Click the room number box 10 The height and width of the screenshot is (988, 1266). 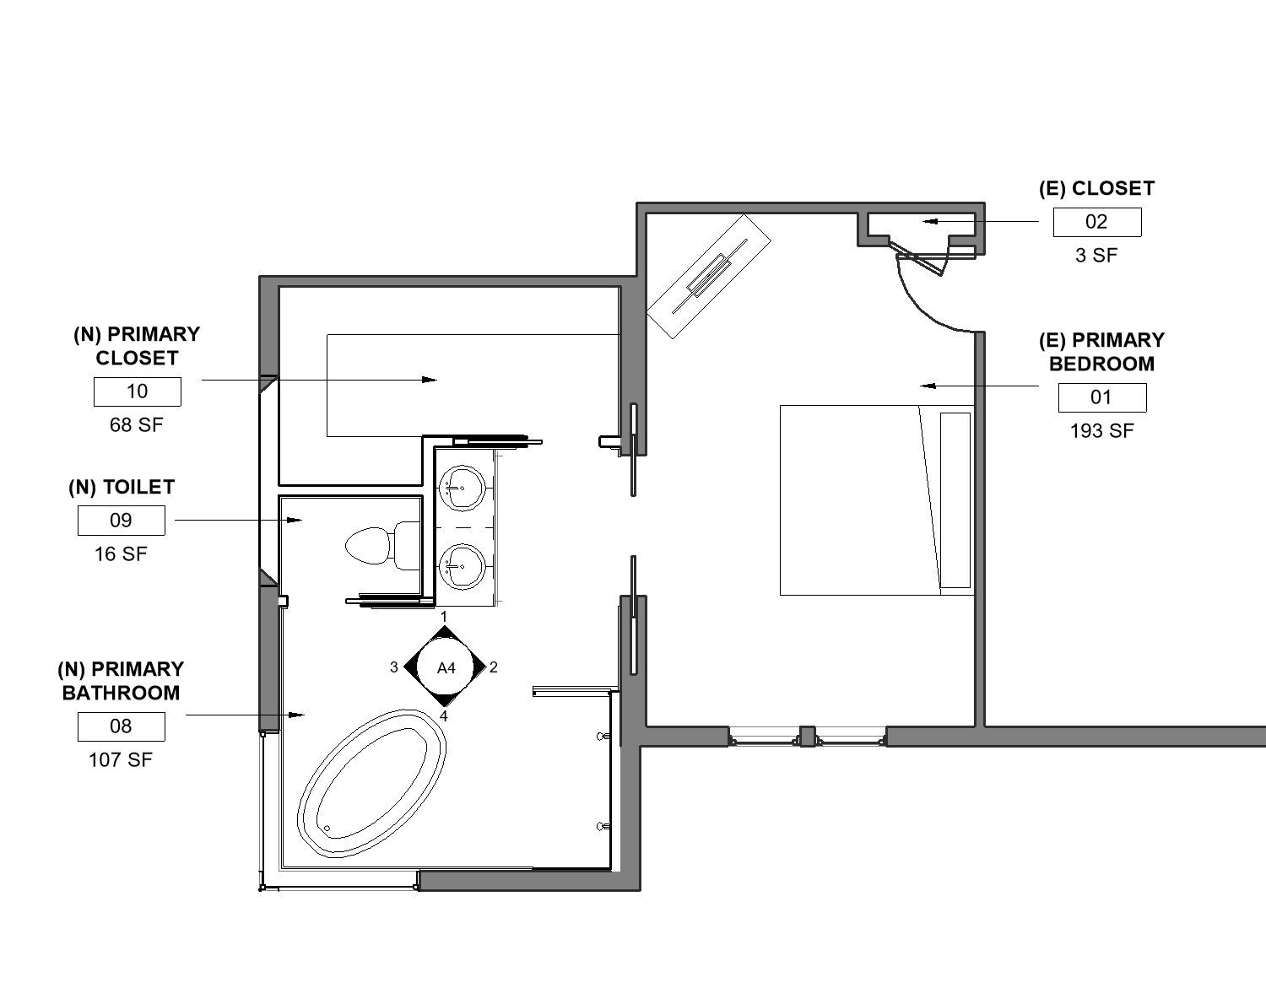(x=137, y=391)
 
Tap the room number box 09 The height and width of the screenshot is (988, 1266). (x=122, y=520)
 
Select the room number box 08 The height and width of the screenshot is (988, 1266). (x=122, y=726)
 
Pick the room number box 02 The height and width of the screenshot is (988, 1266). (x=1097, y=222)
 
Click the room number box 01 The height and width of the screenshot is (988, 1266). (x=1102, y=397)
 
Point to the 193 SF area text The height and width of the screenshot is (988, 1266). (x=1101, y=431)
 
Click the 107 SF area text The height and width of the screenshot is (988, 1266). (x=121, y=760)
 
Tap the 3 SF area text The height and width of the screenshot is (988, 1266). (x=1096, y=255)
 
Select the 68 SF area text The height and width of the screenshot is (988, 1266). (x=137, y=425)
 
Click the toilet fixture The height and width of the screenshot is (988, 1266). (x=382, y=546)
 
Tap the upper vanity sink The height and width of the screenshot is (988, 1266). (x=462, y=488)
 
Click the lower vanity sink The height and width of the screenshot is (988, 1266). (x=462, y=566)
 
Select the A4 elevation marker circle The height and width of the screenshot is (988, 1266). (x=446, y=667)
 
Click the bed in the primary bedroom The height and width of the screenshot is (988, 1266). (x=877, y=500)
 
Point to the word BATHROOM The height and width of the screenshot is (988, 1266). (x=122, y=693)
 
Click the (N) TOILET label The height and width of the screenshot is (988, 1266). (x=122, y=488)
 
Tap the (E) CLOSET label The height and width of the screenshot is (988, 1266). (x=1096, y=189)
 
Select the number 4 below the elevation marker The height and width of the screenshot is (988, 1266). (x=444, y=716)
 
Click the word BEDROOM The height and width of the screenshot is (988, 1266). (x=1101, y=364)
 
